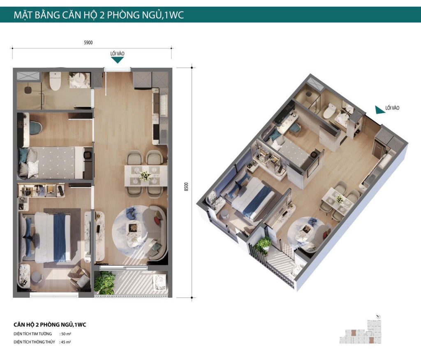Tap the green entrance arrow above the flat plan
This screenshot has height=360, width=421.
click(118, 60)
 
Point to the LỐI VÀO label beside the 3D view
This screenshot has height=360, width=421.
click(392, 108)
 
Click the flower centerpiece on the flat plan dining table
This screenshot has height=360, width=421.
click(145, 176)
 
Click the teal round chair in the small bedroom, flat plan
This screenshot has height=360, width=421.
click(35, 127)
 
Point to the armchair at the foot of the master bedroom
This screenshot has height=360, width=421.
click(79, 276)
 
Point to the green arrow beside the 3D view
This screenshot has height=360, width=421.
click(379, 109)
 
